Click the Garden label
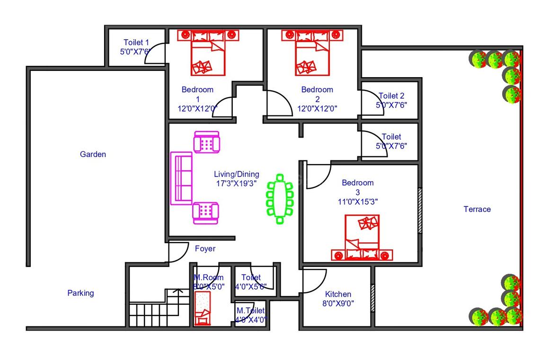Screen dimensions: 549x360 click(93, 154)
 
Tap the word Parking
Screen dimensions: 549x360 click(80, 293)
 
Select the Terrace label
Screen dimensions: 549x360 click(477, 209)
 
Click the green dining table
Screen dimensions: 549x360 click(280, 199)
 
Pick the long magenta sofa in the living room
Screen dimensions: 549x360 click(181, 178)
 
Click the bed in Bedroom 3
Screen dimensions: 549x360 click(362, 237)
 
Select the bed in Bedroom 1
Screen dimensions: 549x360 click(208, 53)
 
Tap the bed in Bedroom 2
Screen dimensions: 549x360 click(312, 53)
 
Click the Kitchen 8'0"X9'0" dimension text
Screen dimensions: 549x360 click(338, 303)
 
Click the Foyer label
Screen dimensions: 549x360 click(205, 249)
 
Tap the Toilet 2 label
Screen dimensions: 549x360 click(391, 96)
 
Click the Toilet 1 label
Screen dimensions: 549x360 click(136, 42)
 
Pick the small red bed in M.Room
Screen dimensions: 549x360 click(203, 308)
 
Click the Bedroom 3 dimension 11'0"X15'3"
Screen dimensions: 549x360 click(357, 202)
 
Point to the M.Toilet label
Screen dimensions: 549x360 click(250, 310)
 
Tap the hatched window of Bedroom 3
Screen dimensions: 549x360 click(420, 211)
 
